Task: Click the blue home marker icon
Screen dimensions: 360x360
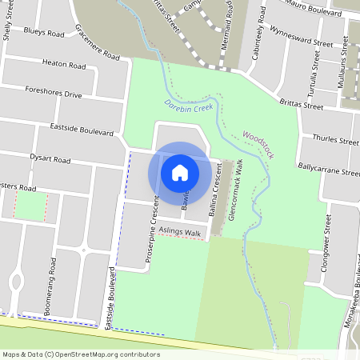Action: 180,172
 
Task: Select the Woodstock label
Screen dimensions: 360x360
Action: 258,145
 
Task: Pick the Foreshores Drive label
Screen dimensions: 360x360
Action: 54,94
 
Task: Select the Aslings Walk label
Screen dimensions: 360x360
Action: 179,232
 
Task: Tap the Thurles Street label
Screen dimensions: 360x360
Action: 336,139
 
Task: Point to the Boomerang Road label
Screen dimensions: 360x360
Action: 53,285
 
